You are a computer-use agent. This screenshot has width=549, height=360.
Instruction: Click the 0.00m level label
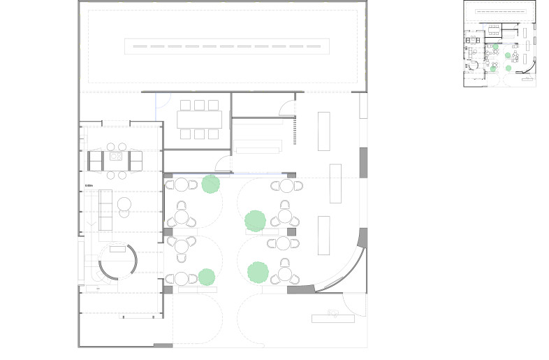coord(89,185)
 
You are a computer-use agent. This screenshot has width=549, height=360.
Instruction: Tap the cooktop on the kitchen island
coord(115,157)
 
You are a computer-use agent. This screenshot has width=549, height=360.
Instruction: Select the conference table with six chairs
coord(199,120)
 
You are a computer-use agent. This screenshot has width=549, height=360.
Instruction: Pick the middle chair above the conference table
coord(199,106)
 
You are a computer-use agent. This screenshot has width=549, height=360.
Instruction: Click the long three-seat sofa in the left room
coord(106,210)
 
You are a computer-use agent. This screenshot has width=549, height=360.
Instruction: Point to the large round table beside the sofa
coord(125,204)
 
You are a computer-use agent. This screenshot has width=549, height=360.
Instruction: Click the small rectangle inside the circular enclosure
coord(116,248)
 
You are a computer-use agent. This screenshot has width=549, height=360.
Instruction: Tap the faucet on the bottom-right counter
coord(334,312)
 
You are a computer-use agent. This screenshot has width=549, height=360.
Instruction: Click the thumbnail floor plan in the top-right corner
coord(499,43)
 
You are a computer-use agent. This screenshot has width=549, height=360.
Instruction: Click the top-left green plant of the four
coord(210,185)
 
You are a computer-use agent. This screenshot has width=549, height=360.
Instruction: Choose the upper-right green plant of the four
coord(255,221)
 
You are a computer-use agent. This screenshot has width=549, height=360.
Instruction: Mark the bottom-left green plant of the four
coord(206,277)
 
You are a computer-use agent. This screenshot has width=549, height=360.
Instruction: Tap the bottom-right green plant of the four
coord(258,271)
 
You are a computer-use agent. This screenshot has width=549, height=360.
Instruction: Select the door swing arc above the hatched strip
coord(286,107)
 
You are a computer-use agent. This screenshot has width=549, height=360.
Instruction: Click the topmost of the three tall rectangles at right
coord(324,131)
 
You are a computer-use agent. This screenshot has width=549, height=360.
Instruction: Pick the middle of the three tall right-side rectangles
coord(335,183)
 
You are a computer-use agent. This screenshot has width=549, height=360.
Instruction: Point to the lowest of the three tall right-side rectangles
coord(323,236)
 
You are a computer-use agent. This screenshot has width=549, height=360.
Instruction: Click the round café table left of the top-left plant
coord(181,185)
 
